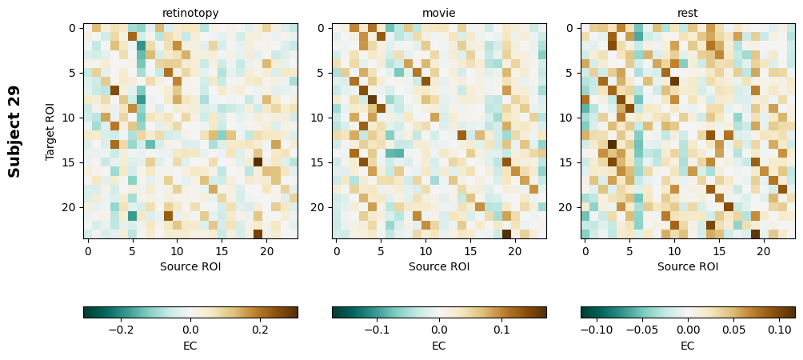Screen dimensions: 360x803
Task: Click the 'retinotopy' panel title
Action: tap(190, 13)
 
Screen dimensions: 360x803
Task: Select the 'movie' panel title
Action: tap(439, 13)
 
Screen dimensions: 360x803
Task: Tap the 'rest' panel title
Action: tap(688, 13)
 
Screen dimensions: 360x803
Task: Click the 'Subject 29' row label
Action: tap(14, 131)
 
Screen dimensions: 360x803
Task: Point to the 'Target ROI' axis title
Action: tap(51, 131)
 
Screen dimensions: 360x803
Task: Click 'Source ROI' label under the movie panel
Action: tap(439, 266)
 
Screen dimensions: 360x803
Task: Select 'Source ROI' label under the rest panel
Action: tap(688, 266)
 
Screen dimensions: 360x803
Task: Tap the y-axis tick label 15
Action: tap(70, 162)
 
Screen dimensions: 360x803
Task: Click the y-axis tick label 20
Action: tap(70, 207)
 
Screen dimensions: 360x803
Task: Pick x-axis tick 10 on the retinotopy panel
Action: tap(178, 251)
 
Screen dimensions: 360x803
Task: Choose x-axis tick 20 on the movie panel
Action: tap(516, 251)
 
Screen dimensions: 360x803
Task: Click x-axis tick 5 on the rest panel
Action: tap(630, 251)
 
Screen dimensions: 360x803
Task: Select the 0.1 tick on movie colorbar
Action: tap(501, 329)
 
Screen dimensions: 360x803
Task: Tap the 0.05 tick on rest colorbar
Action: tap(733, 329)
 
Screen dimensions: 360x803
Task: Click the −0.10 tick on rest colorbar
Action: tap(596, 329)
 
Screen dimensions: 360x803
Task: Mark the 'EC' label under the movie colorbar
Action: tap(439, 346)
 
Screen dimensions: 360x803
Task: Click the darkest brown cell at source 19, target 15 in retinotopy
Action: tap(258, 162)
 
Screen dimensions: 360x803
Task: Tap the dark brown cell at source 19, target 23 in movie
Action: tap(506, 234)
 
